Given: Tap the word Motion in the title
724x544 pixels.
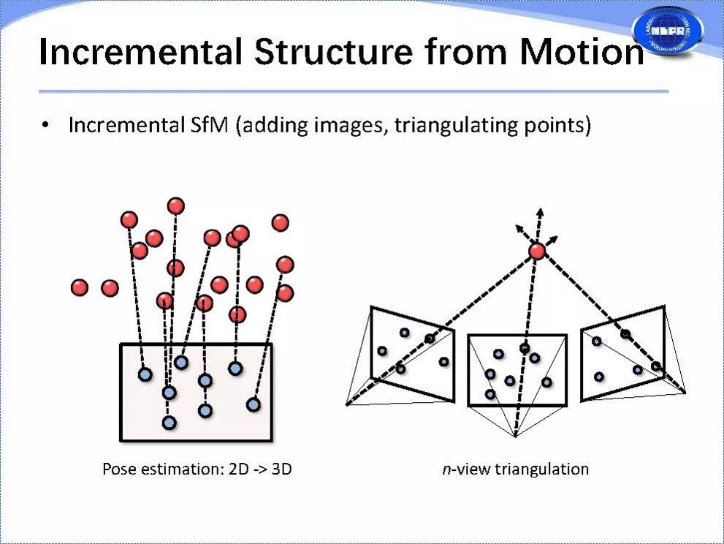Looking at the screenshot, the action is coord(578,53).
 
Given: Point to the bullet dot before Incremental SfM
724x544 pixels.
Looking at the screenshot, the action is coord(47,126).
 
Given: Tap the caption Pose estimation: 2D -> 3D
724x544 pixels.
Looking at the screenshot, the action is coord(197,469).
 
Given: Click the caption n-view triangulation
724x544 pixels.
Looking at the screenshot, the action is coord(515,469).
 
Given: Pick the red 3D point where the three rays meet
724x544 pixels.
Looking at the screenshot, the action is coord(537,252).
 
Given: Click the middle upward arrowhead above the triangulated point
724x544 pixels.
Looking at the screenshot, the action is coord(540,211).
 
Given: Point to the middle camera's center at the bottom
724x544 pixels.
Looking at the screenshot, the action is coord(515,437).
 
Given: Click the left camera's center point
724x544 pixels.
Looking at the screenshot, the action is coord(346,403).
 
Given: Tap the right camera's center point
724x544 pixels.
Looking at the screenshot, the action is coord(685,392).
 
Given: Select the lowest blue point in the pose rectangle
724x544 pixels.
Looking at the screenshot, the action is coord(169,423).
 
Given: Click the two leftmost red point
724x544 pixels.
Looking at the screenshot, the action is coord(80,287).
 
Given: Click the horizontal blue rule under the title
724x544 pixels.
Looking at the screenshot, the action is coord(354,91).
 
